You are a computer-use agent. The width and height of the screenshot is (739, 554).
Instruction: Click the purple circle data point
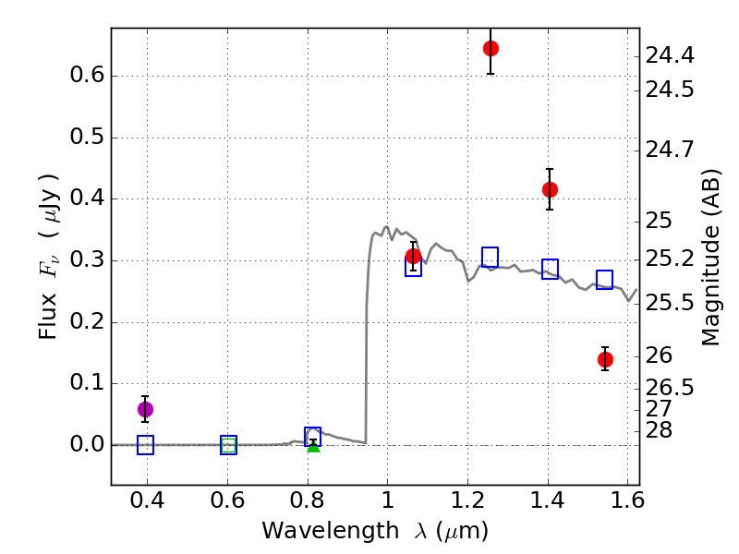click(145, 409)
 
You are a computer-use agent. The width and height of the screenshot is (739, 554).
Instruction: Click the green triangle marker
click(313, 446)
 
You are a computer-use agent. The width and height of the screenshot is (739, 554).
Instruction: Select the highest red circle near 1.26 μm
click(491, 48)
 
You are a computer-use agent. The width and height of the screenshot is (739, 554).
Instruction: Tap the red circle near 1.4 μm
click(550, 189)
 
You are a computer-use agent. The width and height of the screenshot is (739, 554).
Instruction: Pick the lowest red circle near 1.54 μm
click(605, 359)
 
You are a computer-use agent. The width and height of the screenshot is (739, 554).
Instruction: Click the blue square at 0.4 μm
click(145, 445)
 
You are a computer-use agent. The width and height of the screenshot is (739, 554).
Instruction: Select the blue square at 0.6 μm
click(228, 445)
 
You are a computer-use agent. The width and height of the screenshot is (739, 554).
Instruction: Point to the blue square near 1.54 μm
click(604, 279)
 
